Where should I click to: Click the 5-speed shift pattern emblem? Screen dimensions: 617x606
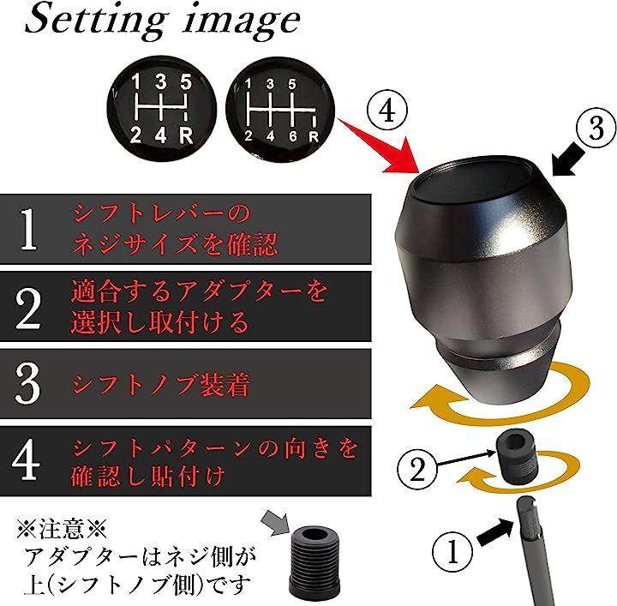161,110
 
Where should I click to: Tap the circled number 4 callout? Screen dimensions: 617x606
387,111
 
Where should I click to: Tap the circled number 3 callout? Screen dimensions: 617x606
596,129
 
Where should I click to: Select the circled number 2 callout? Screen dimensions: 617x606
417,469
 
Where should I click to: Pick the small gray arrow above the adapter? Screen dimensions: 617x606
277,522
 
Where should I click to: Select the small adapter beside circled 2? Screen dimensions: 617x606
516,458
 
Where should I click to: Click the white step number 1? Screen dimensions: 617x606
28,229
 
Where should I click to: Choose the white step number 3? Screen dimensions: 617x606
27,383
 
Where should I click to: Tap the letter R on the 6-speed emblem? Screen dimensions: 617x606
314,136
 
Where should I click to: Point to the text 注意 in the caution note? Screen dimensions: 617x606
62,530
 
